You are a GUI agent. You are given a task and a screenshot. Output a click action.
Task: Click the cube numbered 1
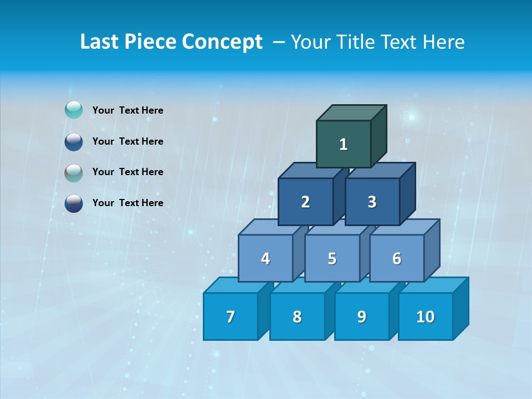coord(343,144)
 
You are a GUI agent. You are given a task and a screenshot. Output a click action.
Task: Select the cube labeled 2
coord(305,202)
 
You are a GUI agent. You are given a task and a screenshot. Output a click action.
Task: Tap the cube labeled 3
coord(372,202)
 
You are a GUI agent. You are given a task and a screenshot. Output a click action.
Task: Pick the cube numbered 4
coord(265,258)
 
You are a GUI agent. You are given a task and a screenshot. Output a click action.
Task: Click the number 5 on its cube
coord(332,258)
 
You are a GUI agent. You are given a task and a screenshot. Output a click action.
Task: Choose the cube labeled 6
coord(397,258)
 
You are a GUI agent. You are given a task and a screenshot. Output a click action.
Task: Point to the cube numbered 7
coord(231,316)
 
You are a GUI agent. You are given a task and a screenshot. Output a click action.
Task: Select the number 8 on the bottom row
coord(297,316)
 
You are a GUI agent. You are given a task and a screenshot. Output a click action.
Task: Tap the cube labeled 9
coord(361,316)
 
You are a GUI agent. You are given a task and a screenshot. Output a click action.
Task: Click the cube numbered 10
coord(425,316)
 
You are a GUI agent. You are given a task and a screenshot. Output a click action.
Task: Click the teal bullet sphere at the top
coord(74,110)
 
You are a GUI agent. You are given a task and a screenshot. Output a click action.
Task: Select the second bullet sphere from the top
coord(74,141)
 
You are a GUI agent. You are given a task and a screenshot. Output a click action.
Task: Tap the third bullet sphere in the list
coord(74,172)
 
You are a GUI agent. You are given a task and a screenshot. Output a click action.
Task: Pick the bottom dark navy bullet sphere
coord(74,203)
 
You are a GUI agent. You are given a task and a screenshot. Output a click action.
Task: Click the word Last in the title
coord(99,42)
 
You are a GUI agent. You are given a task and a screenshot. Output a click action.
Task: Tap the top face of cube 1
coord(351,112)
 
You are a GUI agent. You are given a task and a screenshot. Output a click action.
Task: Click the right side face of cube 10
coord(461,308)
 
